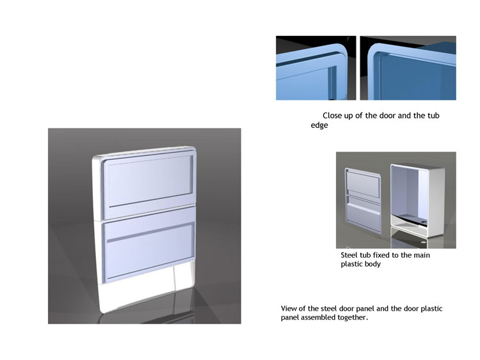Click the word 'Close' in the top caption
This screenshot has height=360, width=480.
tap(332, 116)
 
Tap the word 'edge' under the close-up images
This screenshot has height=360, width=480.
tap(319, 125)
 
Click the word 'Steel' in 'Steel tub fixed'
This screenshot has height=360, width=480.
tap(349, 255)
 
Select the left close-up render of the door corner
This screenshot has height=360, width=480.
tap(316, 68)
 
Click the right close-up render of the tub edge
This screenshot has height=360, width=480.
tap(408, 68)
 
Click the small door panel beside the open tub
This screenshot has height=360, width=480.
tap(364, 200)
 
